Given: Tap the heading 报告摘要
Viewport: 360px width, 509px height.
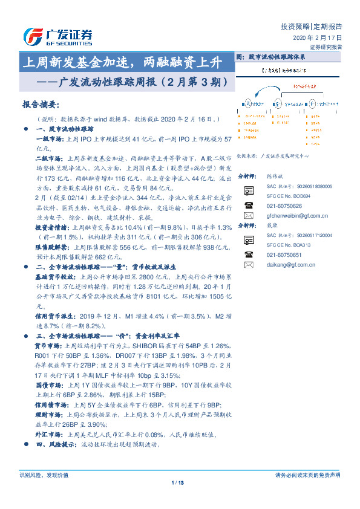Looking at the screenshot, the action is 40,103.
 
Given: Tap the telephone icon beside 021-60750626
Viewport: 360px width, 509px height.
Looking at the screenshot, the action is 248,206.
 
